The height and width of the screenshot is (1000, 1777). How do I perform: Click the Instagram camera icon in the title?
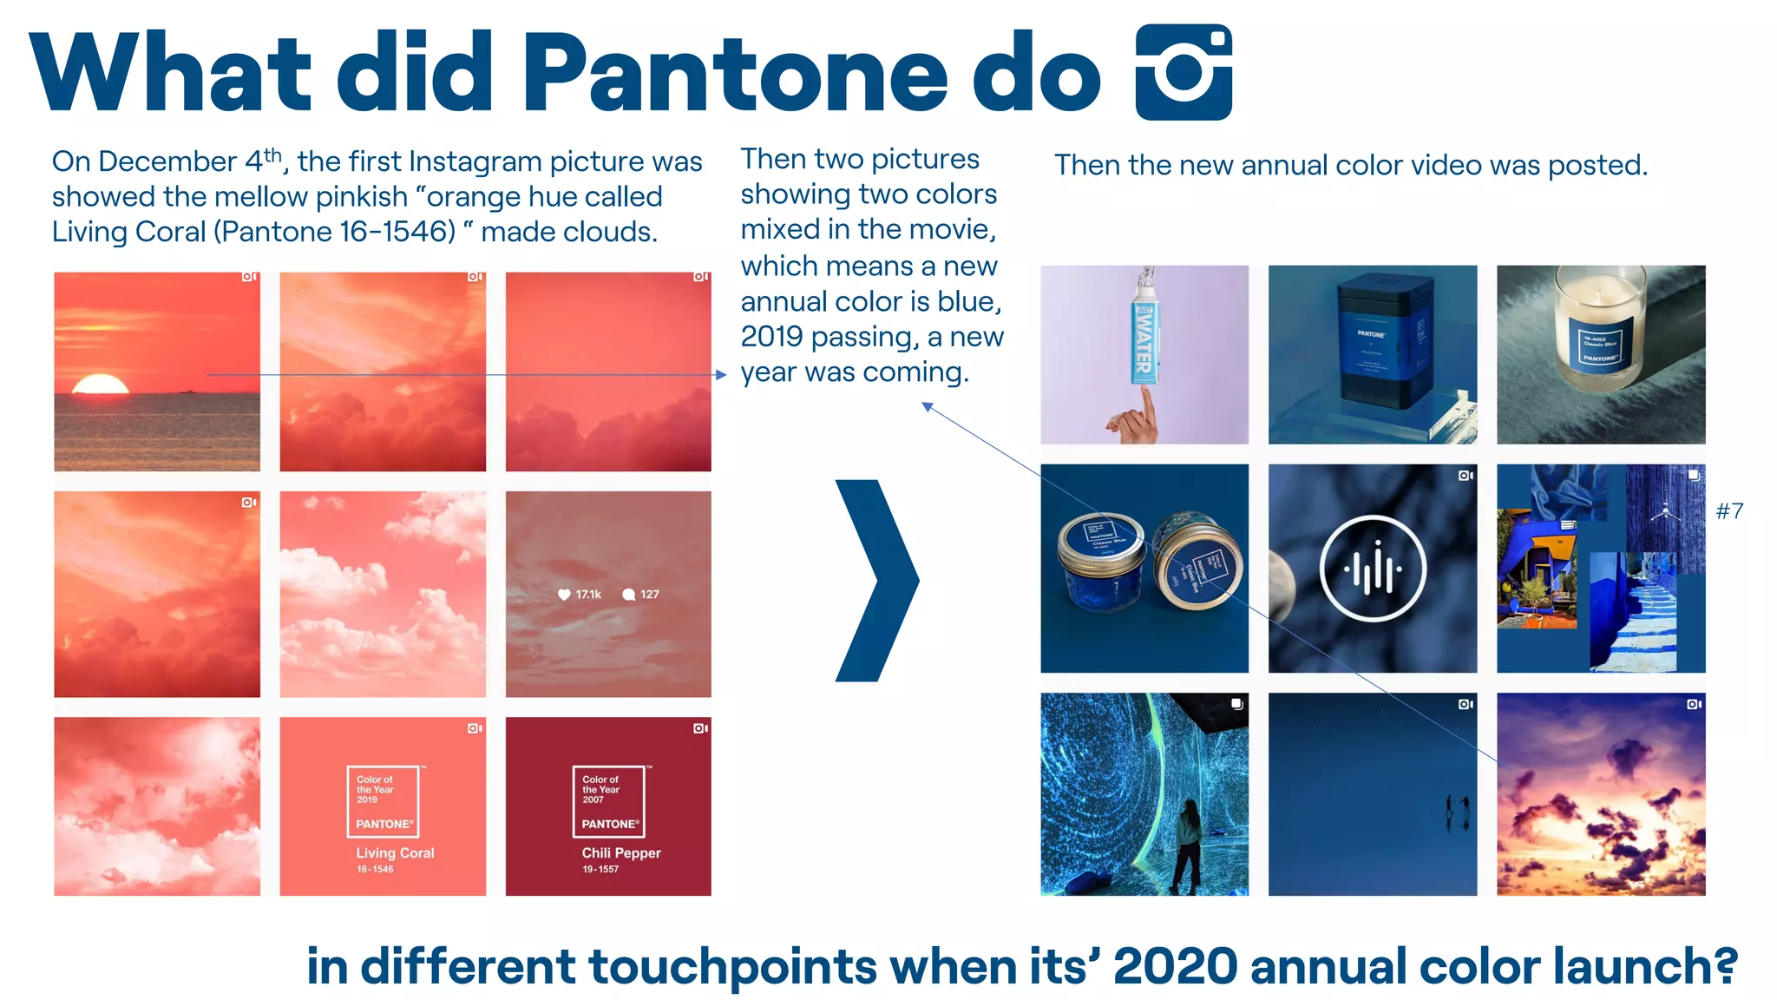(1184, 72)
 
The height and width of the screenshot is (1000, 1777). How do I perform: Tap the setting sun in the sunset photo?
(100, 385)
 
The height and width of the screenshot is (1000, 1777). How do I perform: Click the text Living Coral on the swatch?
(395, 853)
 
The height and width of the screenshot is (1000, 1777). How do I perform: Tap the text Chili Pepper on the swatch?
(621, 853)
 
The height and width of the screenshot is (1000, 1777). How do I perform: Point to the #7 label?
(1729, 511)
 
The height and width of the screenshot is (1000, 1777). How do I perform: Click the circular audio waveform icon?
(1372, 569)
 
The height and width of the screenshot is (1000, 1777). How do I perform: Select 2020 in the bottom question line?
(1175, 966)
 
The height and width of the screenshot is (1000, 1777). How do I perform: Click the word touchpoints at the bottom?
(733, 966)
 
